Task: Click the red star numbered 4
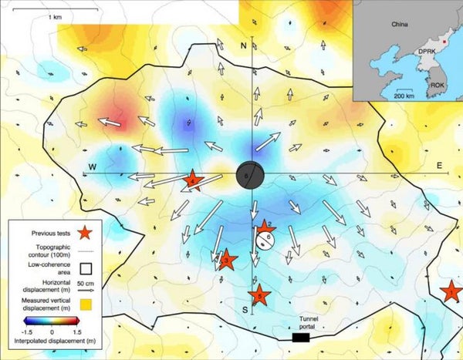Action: click(193, 181)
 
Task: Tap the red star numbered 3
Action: click(225, 261)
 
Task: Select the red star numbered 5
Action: click(260, 294)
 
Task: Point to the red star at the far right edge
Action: click(451, 291)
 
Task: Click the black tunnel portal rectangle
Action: click(302, 337)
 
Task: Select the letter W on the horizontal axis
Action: click(92, 167)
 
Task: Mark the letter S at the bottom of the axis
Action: click(245, 310)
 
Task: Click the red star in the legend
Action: click(87, 230)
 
